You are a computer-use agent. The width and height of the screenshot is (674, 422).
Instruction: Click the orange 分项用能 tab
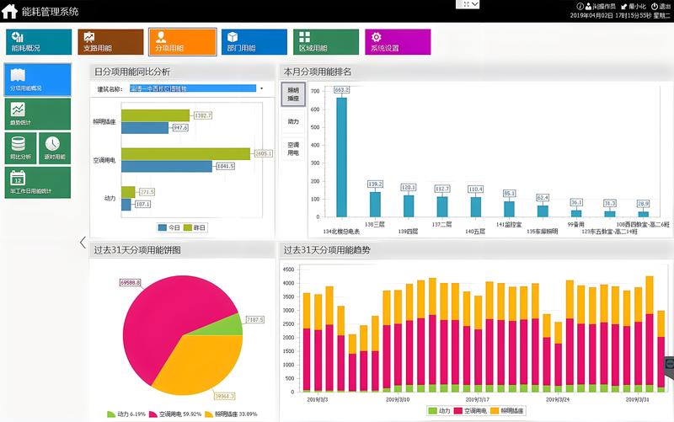tap(182, 42)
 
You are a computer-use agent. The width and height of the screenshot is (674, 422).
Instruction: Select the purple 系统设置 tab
tap(398, 42)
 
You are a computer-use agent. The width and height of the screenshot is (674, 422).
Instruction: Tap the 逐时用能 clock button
tap(55, 148)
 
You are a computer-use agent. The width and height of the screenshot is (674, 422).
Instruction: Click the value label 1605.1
tap(263, 154)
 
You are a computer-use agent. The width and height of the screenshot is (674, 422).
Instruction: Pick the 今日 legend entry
tap(168, 227)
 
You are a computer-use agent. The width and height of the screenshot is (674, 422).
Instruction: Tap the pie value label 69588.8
tap(130, 282)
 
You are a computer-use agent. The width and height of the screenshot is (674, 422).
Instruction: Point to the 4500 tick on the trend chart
tap(288, 270)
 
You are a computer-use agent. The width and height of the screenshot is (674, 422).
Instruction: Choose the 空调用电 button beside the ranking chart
tap(293, 149)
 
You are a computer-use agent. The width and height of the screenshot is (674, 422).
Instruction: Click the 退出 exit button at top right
tap(661, 6)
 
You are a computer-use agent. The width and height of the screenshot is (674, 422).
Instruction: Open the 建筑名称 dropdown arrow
tap(262, 88)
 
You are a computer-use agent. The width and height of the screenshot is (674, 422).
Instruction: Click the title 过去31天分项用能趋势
tap(326, 250)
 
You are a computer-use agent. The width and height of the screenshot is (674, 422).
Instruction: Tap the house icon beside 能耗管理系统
tap(10, 11)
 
